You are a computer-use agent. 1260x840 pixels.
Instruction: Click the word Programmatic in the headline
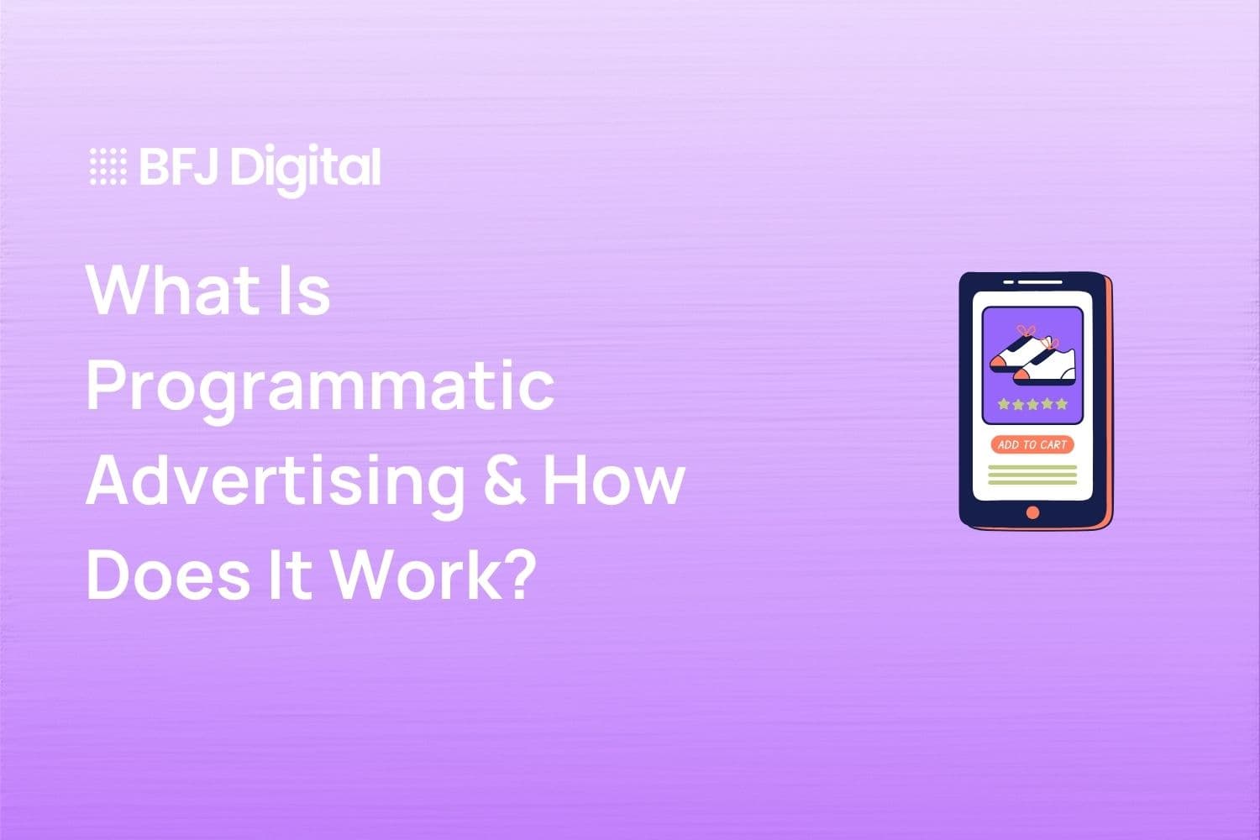click(x=320, y=386)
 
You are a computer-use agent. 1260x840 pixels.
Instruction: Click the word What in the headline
click(x=172, y=291)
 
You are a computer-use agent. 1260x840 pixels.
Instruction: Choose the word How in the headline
click(x=614, y=480)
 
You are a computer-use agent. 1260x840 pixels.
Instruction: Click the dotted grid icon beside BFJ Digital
click(x=108, y=166)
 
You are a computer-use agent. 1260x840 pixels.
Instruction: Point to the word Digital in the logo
click(x=306, y=168)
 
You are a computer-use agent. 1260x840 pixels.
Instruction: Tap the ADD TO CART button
click(x=1032, y=444)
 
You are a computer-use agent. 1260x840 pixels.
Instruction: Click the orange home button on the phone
click(x=1032, y=512)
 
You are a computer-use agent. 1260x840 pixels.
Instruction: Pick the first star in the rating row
click(x=1003, y=404)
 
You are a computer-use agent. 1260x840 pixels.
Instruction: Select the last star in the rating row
click(x=1062, y=404)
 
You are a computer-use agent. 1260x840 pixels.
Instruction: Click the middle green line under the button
click(x=1032, y=475)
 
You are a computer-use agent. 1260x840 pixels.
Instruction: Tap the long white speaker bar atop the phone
click(x=1040, y=282)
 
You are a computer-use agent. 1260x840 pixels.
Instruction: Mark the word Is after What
click(x=307, y=291)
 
